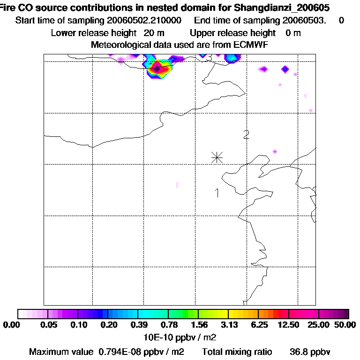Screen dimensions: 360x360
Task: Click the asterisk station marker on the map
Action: click(x=217, y=157)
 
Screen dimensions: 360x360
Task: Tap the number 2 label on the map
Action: click(x=246, y=135)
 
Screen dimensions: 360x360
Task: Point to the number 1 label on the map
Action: click(x=217, y=193)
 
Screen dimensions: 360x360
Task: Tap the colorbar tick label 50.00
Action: click(x=346, y=325)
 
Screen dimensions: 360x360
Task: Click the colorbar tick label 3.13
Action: click(x=228, y=325)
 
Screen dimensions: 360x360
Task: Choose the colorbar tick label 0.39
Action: click(x=138, y=325)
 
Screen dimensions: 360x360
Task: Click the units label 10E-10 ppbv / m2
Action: click(x=180, y=337)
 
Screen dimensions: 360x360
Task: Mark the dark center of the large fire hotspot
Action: click(x=157, y=69)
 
